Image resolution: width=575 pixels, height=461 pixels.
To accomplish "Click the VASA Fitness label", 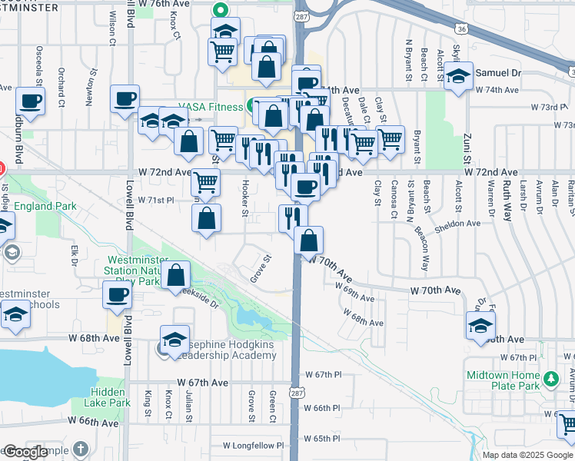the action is pos(211,107).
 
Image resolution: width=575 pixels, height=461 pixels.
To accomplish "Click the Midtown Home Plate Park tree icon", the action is pos(550,377).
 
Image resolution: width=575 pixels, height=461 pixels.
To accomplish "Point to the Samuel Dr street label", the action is pos(500,72).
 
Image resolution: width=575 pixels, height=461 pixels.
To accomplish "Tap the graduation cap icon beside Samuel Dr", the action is pos(458,76).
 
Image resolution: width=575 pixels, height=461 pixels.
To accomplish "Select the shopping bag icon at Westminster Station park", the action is pos(176,274).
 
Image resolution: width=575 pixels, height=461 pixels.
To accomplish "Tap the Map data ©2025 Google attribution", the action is pos(527,455).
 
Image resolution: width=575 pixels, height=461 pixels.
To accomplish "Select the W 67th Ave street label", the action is pos(203,382).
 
